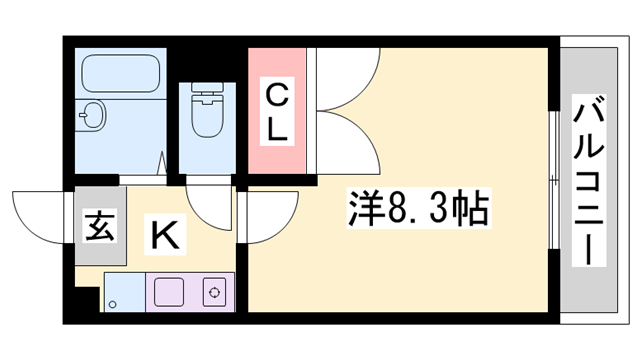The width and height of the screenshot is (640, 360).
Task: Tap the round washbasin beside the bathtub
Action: (x=93, y=116)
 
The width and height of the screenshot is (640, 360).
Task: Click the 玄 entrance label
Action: (x=98, y=227)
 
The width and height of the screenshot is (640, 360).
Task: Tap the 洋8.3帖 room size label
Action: (x=418, y=210)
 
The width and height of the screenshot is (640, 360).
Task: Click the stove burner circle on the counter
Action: (x=213, y=292)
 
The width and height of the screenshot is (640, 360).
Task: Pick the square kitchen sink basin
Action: (x=170, y=292)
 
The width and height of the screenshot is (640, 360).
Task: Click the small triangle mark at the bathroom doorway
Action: (x=162, y=161)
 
